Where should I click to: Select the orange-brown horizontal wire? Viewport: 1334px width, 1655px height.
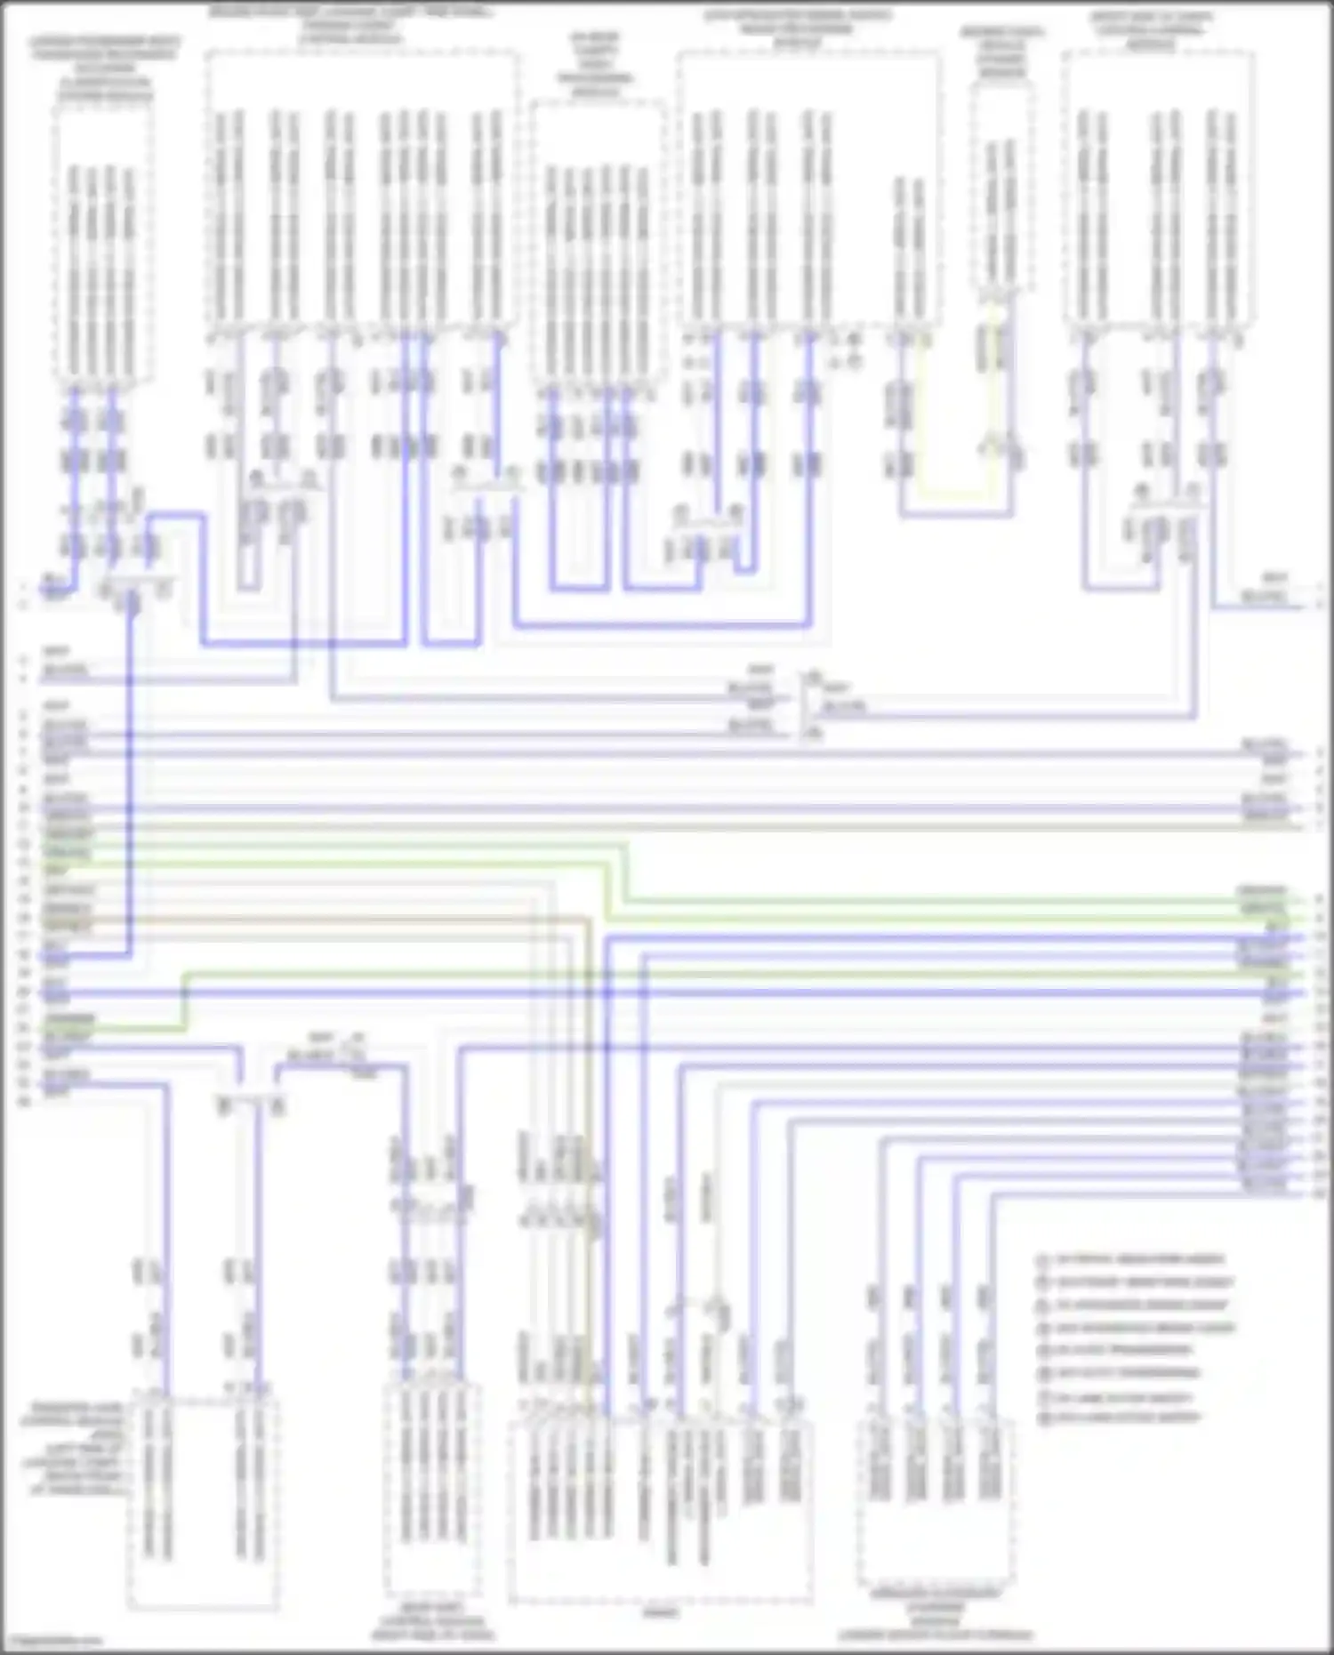click(311, 917)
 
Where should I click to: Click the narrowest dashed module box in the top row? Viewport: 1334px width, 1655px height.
click(1002, 187)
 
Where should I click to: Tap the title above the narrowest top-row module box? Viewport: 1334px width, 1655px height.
click(1002, 53)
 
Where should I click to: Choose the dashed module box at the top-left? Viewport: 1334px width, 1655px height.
click(103, 240)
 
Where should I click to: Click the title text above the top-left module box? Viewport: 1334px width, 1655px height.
click(103, 67)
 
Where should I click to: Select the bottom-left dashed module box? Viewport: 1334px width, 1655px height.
click(203, 1503)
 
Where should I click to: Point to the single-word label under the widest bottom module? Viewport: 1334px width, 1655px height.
click(660, 1612)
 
